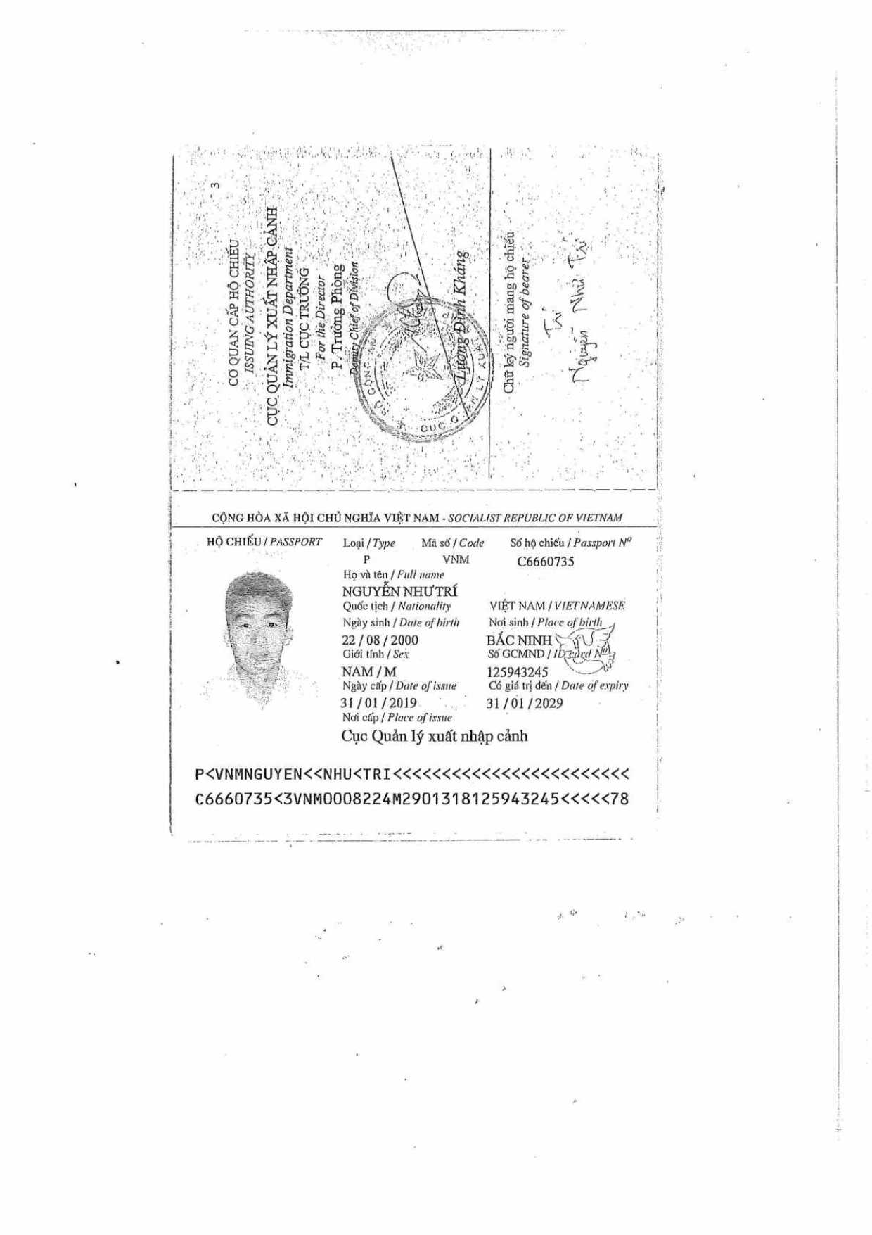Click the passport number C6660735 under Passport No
tap(546, 562)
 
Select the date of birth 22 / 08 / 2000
tap(380, 640)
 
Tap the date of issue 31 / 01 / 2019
tap(378, 703)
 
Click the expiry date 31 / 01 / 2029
tap(525, 703)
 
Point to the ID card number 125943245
tap(517, 672)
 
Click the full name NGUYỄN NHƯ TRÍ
tap(399, 591)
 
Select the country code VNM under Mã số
tap(456, 559)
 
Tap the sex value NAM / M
tap(369, 672)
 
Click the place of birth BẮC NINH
tap(519, 640)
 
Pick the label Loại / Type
tap(369, 543)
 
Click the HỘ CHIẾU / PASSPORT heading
tap(264, 542)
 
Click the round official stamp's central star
tap(424, 367)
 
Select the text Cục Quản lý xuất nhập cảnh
tap(435, 736)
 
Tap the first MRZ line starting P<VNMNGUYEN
tap(412, 775)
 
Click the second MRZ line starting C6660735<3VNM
tap(412, 799)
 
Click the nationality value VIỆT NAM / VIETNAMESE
tap(557, 605)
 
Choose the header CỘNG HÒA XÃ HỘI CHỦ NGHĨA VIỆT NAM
tap(326, 518)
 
